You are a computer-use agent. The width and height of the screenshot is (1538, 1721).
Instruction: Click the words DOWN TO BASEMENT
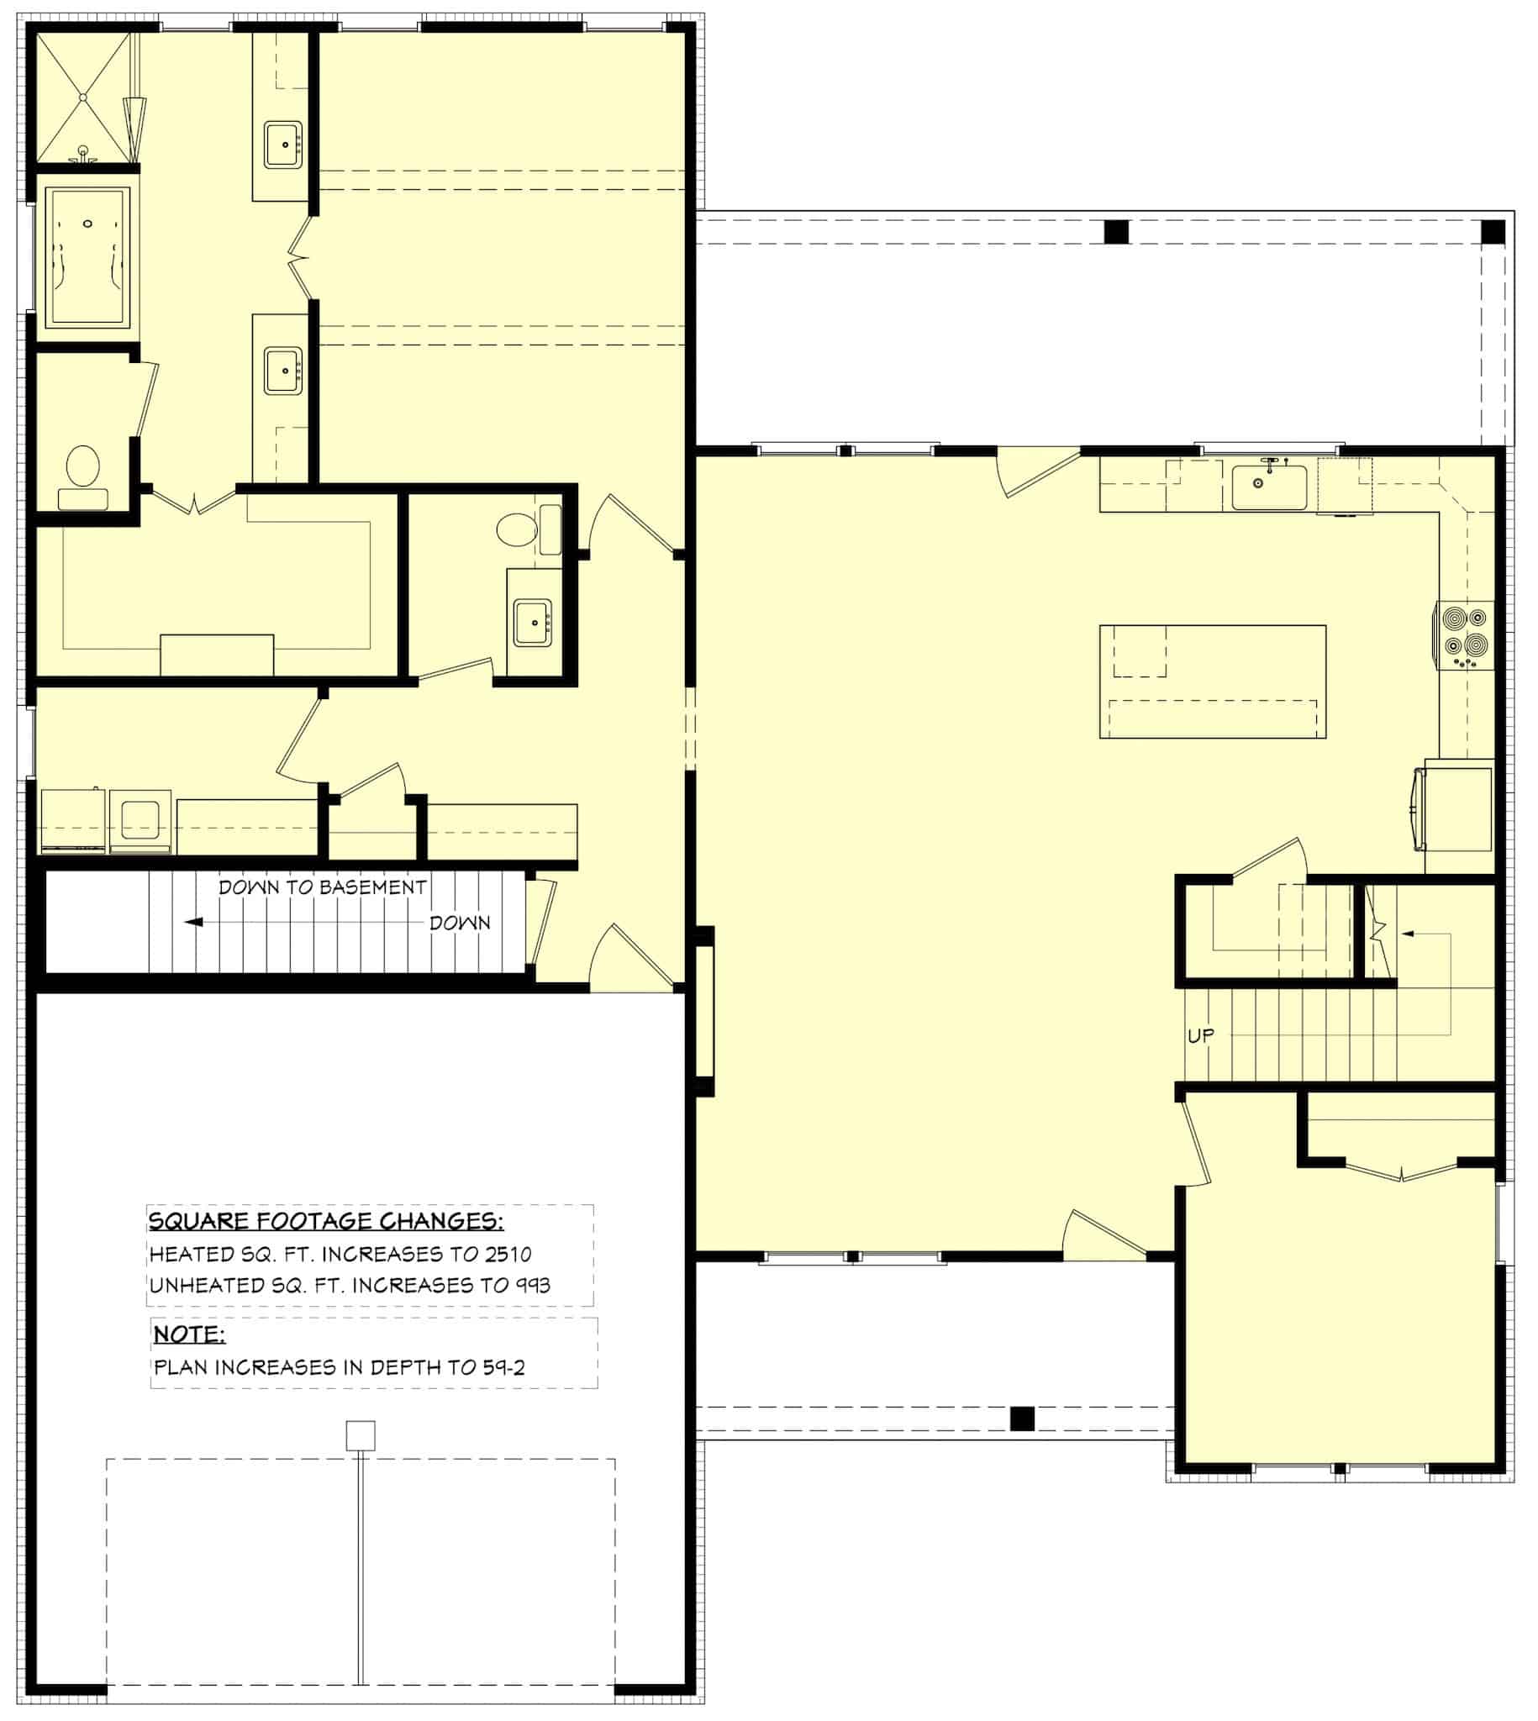click(322, 887)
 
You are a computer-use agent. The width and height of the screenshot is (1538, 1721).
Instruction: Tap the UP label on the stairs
click(1201, 1035)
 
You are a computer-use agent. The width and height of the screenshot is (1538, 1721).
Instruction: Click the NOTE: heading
click(188, 1334)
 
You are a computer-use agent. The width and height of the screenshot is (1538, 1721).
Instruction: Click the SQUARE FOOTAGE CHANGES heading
click(325, 1221)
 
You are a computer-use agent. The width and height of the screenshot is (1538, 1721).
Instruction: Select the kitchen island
click(1212, 682)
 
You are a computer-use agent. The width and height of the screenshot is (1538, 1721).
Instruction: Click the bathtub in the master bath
click(87, 257)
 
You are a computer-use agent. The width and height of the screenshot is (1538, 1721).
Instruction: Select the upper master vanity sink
click(283, 145)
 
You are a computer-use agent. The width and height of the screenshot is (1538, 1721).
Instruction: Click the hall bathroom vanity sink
click(532, 623)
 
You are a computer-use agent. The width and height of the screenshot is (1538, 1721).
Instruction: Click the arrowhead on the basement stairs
click(193, 922)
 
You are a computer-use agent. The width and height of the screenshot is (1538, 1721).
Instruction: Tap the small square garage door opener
click(361, 1435)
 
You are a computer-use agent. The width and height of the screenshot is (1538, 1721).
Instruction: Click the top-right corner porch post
click(1493, 231)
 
